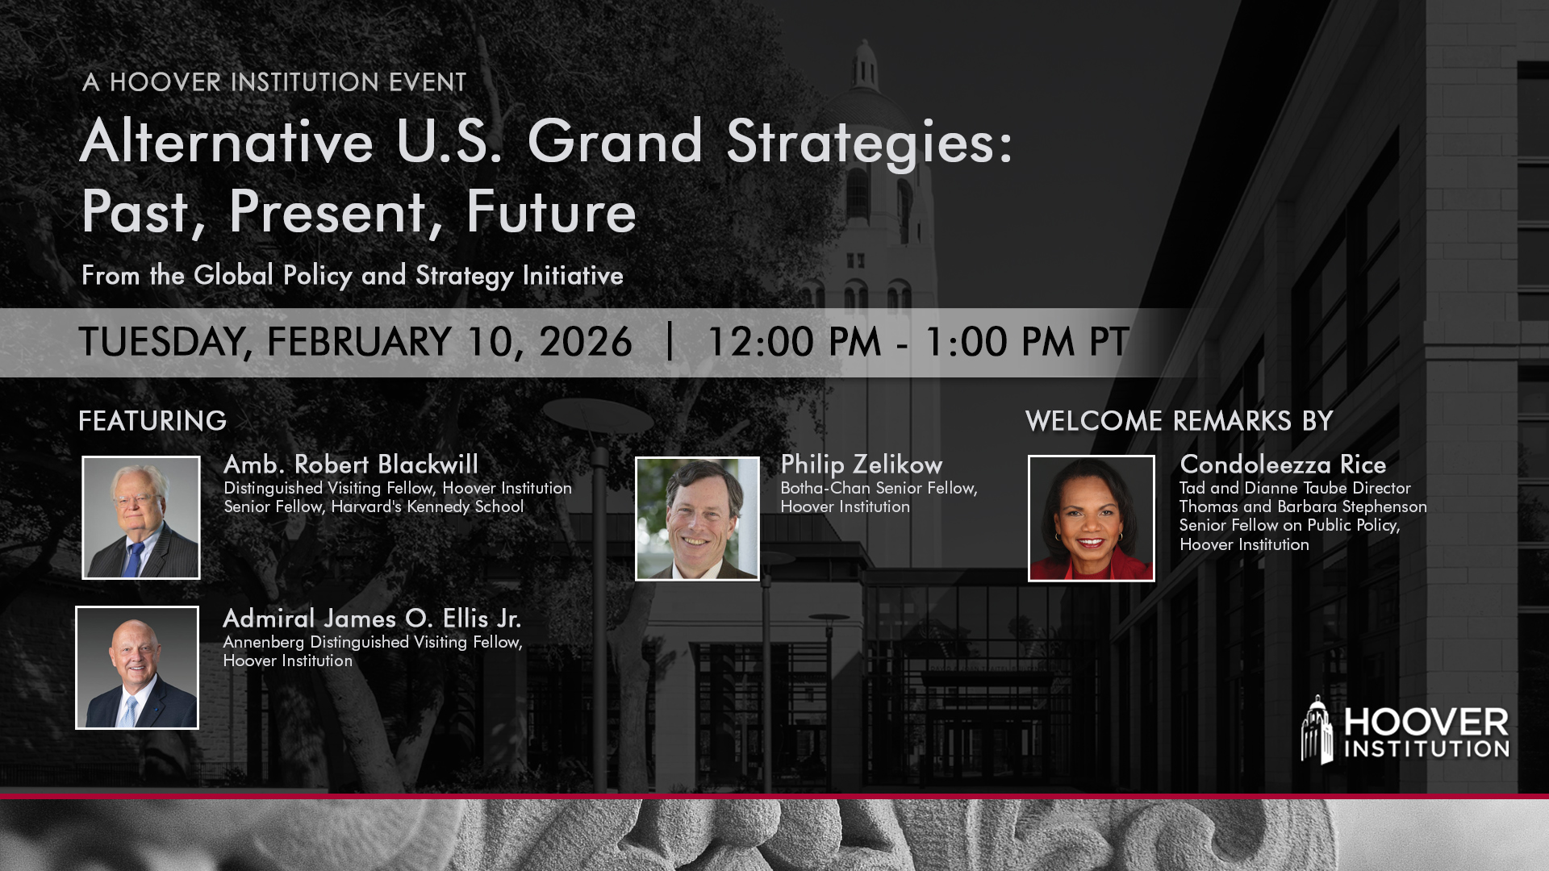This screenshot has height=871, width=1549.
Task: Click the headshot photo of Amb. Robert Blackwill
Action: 140,517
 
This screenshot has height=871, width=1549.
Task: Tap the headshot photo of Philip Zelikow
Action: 697,519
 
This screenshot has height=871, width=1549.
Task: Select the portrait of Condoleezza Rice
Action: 1091,518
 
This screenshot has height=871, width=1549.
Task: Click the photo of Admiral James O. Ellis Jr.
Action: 137,668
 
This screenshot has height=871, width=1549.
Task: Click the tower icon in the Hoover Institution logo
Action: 1317,731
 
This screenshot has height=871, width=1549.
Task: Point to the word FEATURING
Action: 152,421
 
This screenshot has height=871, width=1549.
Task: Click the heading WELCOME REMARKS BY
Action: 1179,421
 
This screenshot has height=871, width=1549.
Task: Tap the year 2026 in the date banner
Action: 586,342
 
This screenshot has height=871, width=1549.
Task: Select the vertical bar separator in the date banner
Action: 670,342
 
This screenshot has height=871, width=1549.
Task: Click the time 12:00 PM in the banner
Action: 794,342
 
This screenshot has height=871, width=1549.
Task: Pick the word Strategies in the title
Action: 868,142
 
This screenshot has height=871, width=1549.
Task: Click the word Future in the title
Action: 551,212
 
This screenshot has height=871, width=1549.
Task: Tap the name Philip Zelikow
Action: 861,465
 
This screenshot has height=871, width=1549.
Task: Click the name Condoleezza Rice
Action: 1283,465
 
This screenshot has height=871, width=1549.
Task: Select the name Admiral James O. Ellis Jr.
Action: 372,619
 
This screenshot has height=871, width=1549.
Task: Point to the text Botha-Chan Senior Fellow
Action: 878,488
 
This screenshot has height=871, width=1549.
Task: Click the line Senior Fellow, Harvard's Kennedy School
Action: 374,506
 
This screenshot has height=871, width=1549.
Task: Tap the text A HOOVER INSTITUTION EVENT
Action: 274,82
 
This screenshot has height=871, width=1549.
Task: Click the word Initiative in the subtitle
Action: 573,276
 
